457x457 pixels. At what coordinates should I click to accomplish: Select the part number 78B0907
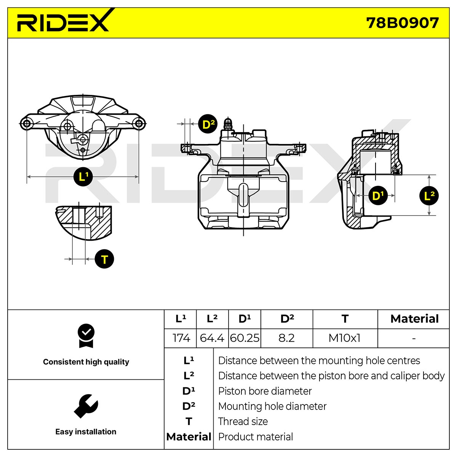402,23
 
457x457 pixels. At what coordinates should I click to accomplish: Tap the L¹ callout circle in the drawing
83,176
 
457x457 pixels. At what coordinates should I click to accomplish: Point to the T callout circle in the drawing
104,259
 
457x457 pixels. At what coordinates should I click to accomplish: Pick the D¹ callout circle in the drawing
378,196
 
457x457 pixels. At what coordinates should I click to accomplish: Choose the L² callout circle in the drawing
429,196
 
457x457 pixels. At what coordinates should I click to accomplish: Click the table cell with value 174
181,338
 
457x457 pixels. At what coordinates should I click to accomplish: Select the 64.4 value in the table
212,338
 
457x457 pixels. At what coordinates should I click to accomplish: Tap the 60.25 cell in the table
244,338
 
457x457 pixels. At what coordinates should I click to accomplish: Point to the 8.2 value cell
286,338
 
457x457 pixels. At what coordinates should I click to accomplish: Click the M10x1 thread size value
344,338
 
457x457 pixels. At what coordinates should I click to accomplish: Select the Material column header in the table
415,319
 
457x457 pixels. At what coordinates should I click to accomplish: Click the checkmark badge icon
86,336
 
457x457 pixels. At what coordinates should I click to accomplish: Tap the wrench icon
86,406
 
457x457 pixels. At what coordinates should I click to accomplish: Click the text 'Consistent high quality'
86,362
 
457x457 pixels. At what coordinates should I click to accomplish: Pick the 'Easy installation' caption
86,431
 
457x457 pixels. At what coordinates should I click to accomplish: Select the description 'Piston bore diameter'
265,391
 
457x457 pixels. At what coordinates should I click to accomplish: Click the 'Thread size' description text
243,422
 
